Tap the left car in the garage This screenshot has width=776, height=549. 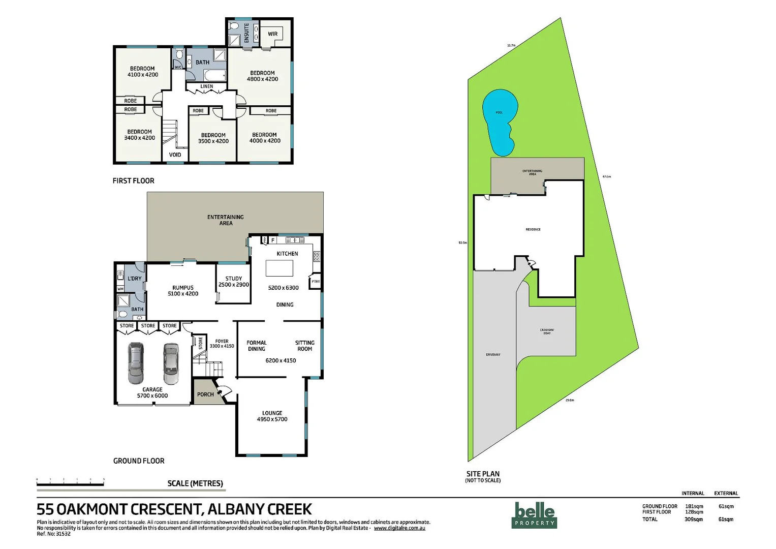(x=136, y=363)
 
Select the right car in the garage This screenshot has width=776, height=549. (x=171, y=363)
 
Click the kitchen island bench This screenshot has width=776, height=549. (x=279, y=268)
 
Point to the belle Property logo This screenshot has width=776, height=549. (x=534, y=514)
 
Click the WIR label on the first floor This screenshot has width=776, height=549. (x=273, y=34)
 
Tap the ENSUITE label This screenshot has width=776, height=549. (x=247, y=33)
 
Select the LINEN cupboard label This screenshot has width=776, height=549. (x=207, y=86)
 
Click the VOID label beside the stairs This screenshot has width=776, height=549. (x=175, y=155)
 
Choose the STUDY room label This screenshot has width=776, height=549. (x=234, y=279)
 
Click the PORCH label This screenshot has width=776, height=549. (x=205, y=394)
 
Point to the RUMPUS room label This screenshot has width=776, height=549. (x=183, y=288)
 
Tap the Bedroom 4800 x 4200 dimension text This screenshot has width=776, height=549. (x=263, y=79)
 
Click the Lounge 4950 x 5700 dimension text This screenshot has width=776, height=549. (x=272, y=419)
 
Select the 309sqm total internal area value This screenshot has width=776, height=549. (x=694, y=520)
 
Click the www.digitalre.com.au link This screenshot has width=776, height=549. (x=399, y=528)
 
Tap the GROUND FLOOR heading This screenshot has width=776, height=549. (x=139, y=461)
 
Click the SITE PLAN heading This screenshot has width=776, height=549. (x=483, y=474)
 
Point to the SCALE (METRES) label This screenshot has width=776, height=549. (x=195, y=483)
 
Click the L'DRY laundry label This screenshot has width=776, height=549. (x=135, y=279)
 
